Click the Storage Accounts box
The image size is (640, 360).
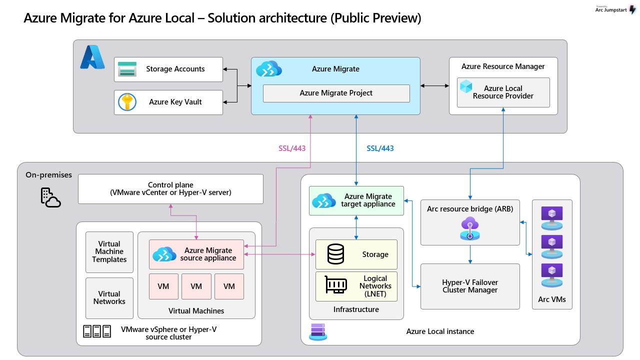(x=168, y=69)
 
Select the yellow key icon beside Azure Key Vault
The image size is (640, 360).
(x=127, y=102)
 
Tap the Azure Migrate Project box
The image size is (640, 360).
(x=336, y=93)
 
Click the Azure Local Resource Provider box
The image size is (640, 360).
(x=503, y=92)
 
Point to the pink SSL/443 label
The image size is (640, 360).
(x=292, y=148)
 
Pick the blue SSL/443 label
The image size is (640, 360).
(x=380, y=148)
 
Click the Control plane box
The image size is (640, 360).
(x=170, y=189)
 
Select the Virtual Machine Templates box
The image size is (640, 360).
(x=109, y=252)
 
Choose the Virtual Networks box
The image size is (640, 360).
(x=109, y=298)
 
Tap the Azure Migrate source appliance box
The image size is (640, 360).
(x=196, y=254)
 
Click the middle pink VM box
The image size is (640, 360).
(x=196, y=286)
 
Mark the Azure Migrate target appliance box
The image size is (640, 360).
(x=356, y=200)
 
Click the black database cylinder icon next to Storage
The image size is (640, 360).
(x=335, y=254)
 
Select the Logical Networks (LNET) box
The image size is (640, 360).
(x=356, y=286)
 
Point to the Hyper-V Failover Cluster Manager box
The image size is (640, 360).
(x=470, y=286)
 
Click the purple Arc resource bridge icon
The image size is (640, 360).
(x=470, y=229)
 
